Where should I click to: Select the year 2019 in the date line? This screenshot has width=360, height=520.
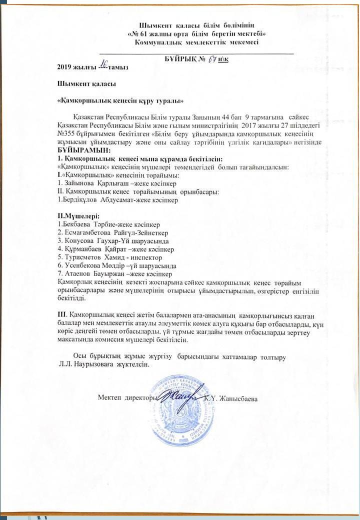(64, 66)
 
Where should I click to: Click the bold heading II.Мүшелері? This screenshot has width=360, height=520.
(78, 216)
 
